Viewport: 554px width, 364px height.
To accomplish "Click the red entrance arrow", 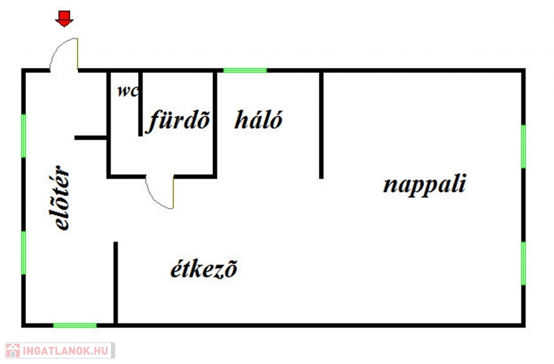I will pos(64,19).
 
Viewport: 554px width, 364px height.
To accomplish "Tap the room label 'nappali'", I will pos(424,185).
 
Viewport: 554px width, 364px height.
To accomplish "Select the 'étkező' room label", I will pos(203,269).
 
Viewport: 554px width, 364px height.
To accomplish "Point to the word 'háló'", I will pos(258,120).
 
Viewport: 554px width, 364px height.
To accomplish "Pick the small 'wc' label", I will pos(128,90).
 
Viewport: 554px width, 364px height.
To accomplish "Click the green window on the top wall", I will pos(245,70).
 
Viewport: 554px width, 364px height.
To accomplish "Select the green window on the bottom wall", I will pos(75,325).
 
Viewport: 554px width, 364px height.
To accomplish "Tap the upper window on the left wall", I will pos(23,135).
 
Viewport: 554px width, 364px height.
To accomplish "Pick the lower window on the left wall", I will pos(23,253).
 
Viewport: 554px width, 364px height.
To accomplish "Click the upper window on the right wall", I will pos(523,146).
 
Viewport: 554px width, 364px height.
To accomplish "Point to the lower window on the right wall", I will pos(523,263).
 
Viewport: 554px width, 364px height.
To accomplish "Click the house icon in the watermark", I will pos(12,350).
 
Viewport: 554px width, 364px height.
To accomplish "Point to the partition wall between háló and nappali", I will pos(321,124).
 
